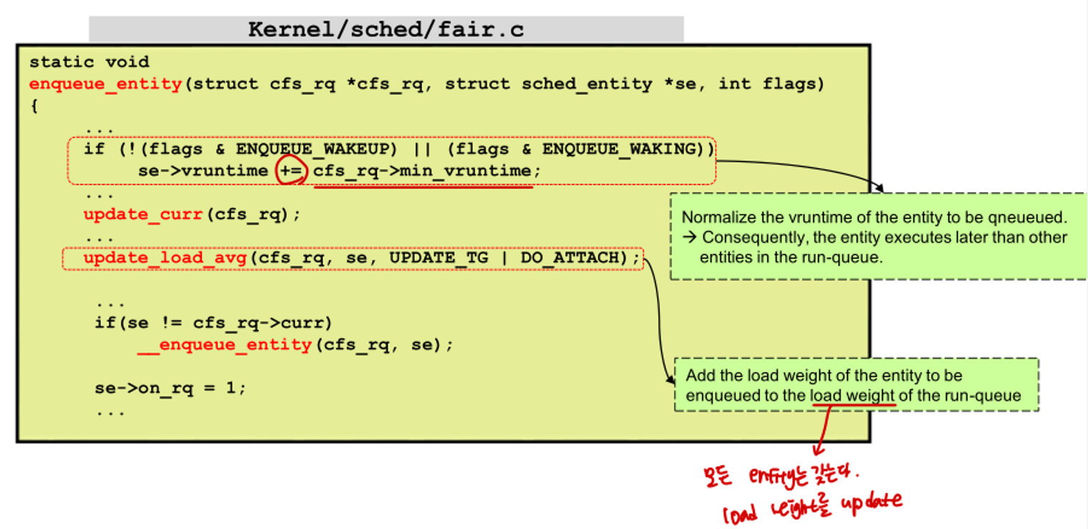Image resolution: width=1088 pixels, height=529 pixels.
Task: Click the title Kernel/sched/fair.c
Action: (x=385, y=30)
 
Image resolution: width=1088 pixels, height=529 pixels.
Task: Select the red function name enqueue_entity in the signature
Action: (x=105, y=84)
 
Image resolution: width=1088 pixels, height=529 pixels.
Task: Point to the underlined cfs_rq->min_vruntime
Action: (x=422, y=171)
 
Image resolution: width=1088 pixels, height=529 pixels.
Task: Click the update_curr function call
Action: (x=144, y=215)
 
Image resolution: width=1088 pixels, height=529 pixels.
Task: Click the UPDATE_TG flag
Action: (x=438, y=258)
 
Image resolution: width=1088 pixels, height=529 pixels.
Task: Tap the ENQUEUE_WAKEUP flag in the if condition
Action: (x=317, y=149)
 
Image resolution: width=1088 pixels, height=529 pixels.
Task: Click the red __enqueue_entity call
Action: (x=224, y=346)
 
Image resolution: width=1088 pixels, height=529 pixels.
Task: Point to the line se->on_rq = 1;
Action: (x=171, y=389)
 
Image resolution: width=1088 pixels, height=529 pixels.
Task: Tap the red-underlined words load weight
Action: (x=853, y=396)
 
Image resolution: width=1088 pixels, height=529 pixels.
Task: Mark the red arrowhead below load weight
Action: (x=818, y=449)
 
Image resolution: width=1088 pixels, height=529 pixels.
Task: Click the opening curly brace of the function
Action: (x=33, y=106)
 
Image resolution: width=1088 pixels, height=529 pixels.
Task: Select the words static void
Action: (x=89, y=63)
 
